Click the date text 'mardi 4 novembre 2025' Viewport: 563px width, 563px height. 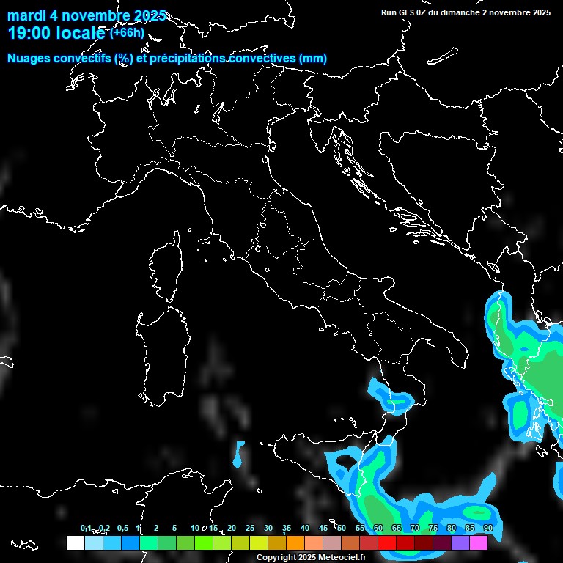click(87, 16)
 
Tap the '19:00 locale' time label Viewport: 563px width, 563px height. click(57, 34)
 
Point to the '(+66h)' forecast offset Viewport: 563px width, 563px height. click(127, 32)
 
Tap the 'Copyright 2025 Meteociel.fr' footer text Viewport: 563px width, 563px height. click(311, 557)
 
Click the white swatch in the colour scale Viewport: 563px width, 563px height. click(75, 542)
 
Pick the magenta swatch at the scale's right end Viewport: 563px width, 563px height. click(479, 542)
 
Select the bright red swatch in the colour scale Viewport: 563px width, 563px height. click(387, 542)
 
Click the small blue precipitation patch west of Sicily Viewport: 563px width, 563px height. click(239, 455)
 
